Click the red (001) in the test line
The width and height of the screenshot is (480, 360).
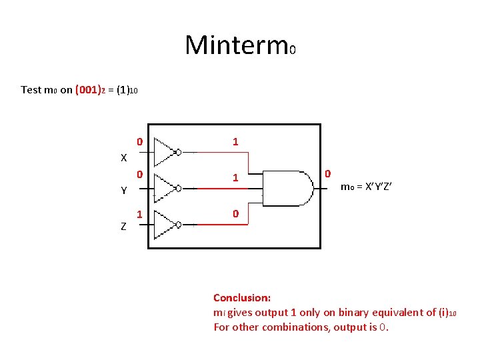pos(87,89)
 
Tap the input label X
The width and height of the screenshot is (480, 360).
pos(123,158)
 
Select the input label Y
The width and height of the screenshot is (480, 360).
pos(123,191)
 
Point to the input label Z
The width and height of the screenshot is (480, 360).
pos(123,227)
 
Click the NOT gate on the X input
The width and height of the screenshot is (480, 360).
pos(166,151)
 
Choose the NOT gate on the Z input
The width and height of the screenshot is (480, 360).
pos(166,225)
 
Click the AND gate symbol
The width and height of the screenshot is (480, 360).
pos(287,187)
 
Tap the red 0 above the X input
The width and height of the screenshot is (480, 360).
pos(139,141)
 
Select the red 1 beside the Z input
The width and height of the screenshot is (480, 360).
pos(139,215)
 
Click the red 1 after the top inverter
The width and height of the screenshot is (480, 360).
pos(235,141)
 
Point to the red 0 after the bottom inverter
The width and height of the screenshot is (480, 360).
pos(235,215)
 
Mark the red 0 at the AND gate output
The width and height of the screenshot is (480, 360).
pos(328,174)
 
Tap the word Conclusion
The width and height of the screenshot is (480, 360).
pos(241,298)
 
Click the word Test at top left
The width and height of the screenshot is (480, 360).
pos(31,89)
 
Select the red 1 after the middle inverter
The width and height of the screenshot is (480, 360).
pos(235,178)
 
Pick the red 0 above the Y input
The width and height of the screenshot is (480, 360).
pos(139,175)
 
